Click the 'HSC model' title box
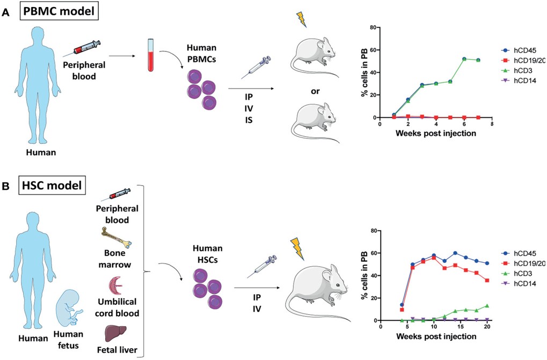(x=52, y=187)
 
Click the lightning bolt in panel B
(x=296, y=247)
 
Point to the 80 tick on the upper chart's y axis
(x=374, y=27)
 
